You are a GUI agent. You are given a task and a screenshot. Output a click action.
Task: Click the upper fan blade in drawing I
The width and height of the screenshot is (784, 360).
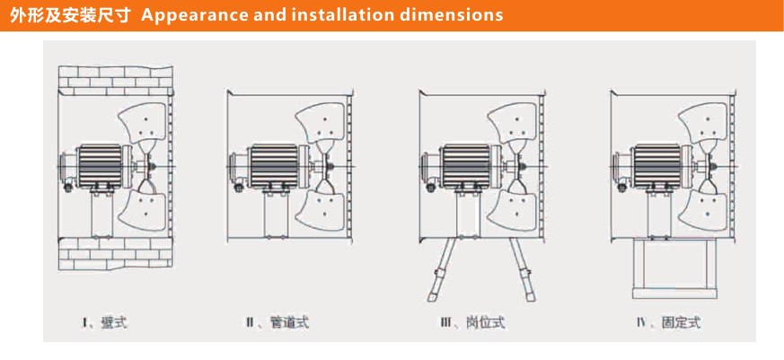143,126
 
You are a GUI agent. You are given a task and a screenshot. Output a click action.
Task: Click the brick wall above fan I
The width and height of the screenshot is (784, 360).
112,78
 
